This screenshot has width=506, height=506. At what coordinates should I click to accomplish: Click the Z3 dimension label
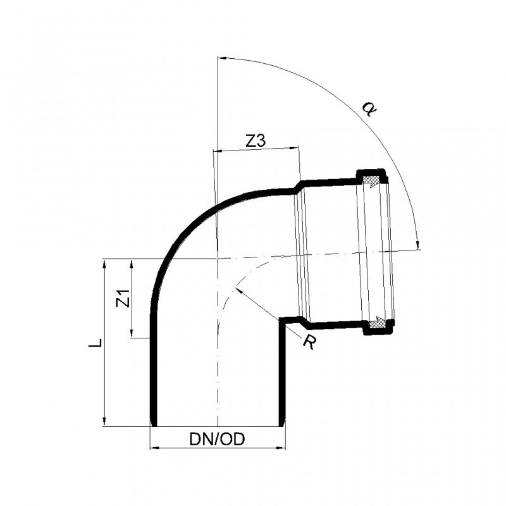click(x=256, y=141)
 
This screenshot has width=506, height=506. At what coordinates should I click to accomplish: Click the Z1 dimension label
click(x=123, y=298)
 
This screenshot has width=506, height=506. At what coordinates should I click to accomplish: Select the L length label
click(x=96, y=343)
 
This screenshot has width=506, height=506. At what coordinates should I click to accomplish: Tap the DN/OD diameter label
click(x=217, y=439)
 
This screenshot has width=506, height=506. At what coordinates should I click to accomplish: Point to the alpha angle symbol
click(x=369, y=108)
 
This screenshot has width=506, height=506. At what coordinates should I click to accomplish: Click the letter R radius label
click(x=309, y=342)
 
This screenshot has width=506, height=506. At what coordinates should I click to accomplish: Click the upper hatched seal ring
click(x=371, y=181)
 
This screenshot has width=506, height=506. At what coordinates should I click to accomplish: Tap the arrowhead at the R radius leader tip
click(x=238, y=290)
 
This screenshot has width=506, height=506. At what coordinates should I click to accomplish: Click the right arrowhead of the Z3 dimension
click(x=295, y=147)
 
